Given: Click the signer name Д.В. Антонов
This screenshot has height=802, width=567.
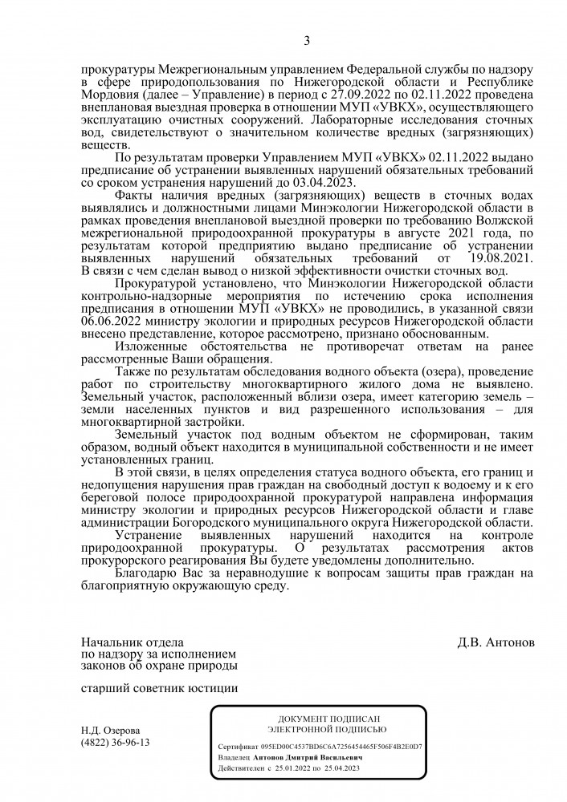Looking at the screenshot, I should (496, 642).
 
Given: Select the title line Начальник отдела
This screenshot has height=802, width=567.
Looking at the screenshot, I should (133, 642).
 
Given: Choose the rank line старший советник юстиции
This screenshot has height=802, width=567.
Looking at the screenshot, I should (160, 687).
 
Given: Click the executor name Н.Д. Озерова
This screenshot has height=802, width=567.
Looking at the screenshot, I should (110, 731).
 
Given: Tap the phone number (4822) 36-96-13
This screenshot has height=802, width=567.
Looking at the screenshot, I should (116, 743).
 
